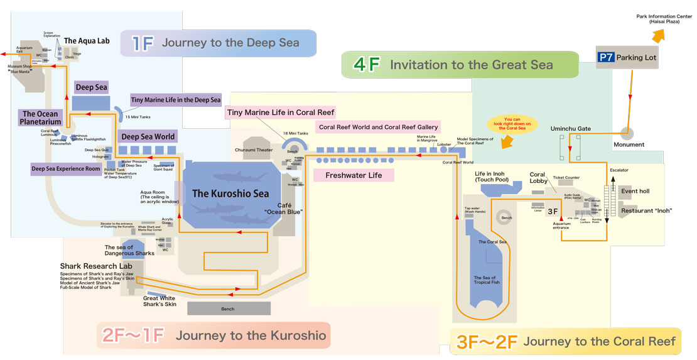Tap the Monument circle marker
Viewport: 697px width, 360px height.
(x=626, y=133)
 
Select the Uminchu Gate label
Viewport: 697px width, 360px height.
(x=570, y=129)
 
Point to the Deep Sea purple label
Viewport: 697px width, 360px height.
(x=92, y=87)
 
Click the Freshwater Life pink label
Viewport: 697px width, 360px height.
(x=354, y=175)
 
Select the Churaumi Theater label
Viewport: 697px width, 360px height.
(x=254, y=150)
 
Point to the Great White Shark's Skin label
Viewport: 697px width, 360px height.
(x=159, y=302)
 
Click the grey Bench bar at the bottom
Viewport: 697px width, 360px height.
(x=229, y=308)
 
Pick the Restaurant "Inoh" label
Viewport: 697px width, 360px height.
(x=646, y=210)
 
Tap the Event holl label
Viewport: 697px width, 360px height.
(x=635, y=191)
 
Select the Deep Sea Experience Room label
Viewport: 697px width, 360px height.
(x=67, y=168)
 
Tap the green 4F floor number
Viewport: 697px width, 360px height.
(x=367, y=65)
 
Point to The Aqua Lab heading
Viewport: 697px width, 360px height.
(x=87, y=41)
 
